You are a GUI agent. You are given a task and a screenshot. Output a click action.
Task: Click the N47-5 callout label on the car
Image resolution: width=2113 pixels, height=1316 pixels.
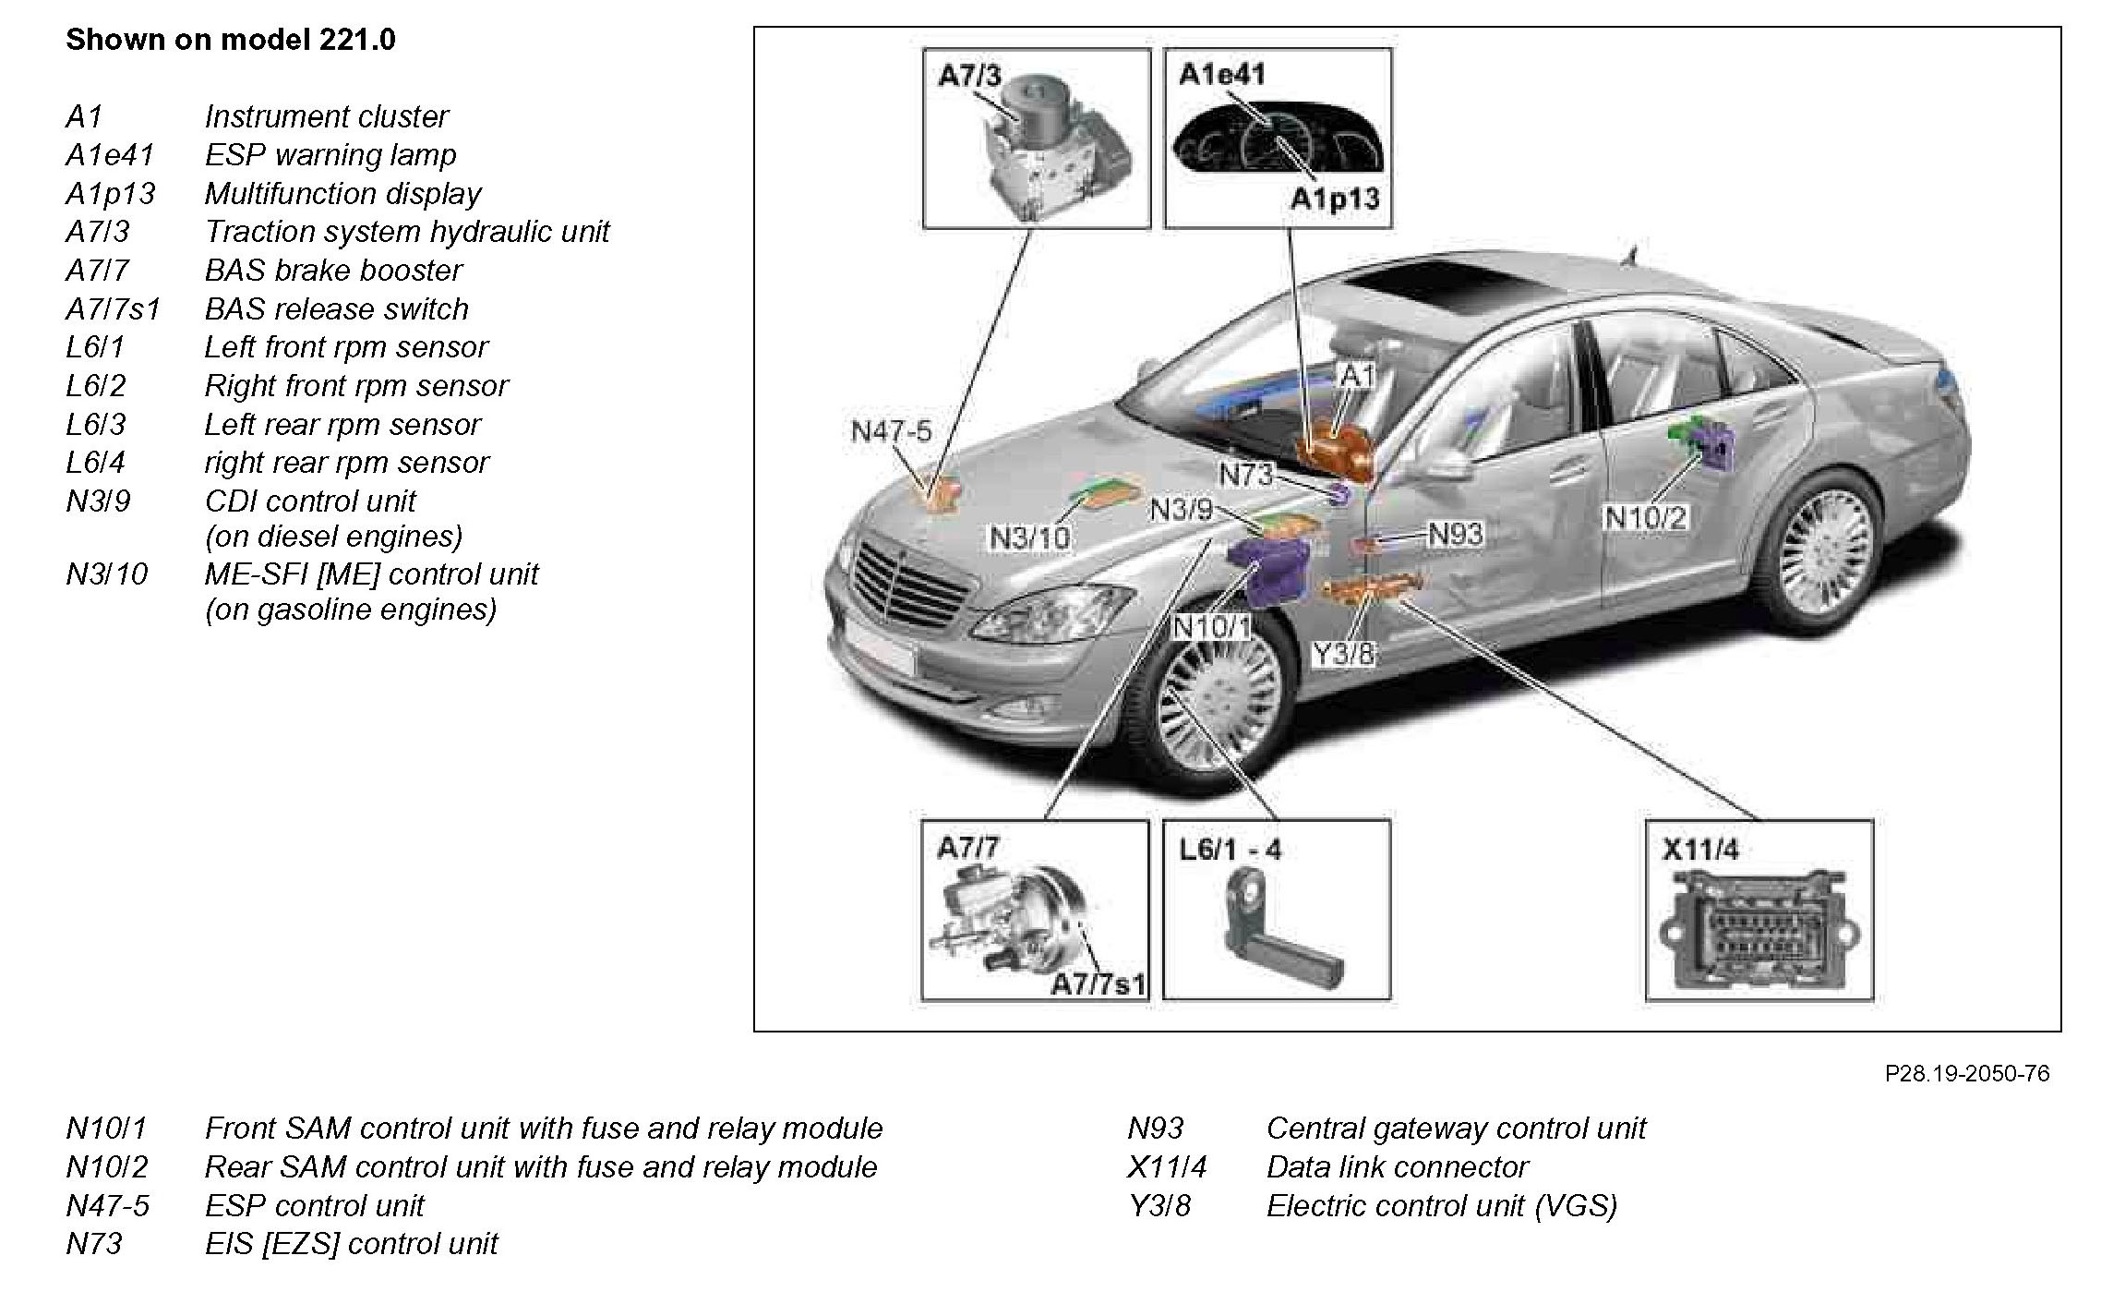[891, 431]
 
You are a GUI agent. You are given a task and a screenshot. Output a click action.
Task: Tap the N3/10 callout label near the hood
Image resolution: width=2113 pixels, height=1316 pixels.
[1029, 537]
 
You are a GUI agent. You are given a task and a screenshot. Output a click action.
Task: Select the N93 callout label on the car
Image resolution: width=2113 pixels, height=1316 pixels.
[1455, 534]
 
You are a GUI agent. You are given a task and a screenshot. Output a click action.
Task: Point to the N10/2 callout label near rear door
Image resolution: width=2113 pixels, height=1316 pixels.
[1645, 517]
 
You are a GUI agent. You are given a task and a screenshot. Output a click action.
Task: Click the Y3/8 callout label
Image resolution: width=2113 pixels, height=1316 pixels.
[1343, 653]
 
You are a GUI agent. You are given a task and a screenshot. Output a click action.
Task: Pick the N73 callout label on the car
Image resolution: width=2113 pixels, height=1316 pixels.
[1245, 475]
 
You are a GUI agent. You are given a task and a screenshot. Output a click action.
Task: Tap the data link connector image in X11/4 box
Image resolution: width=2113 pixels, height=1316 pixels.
[1759, 933]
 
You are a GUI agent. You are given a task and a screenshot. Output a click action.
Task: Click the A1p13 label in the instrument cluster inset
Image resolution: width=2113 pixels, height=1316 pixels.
[1334, 199]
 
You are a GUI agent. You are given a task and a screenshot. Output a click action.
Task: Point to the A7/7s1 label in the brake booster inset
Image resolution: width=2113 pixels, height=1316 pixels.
[1098, 984]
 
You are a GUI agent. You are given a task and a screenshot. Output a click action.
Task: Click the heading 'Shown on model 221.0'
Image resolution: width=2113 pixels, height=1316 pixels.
[230, 40]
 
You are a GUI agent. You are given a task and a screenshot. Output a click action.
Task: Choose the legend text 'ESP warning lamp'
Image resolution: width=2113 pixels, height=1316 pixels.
[330, 155]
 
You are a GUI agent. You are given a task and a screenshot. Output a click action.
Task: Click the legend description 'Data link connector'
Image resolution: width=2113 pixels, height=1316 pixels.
[1397, 1167]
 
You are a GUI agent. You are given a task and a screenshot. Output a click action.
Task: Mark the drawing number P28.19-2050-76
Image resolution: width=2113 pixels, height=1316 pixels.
[1966, 1073]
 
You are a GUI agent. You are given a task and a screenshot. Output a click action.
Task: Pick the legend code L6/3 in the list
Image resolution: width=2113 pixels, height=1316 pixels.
[95, 425]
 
